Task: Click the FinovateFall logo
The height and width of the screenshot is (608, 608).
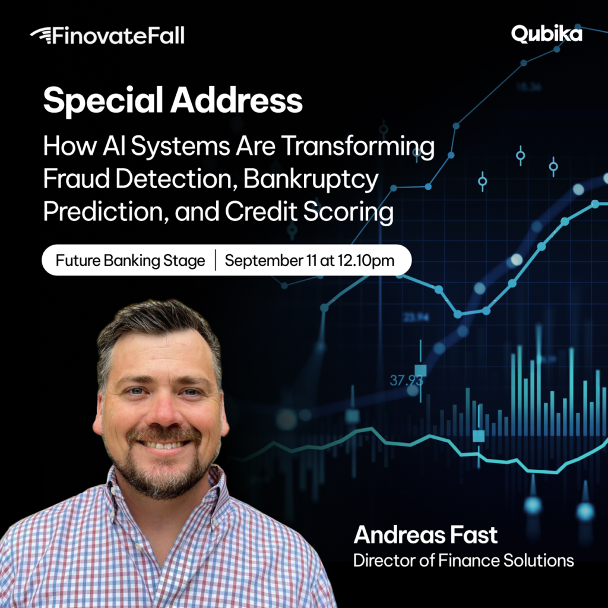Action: click(107, 36)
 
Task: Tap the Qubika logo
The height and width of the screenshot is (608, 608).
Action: click(546, 34)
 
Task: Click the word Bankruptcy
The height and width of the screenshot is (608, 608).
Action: click(311, 180)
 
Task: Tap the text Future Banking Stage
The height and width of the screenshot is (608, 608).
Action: click(130, 260)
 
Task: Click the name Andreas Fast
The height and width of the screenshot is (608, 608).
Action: click(425, 535)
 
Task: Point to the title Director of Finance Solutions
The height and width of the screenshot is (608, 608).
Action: click(463, 560)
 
